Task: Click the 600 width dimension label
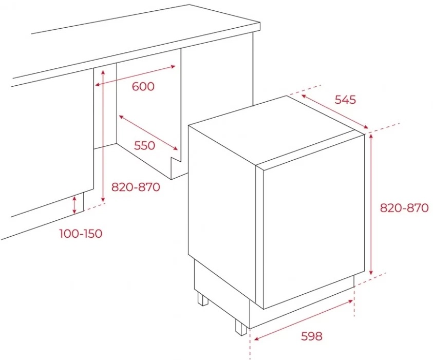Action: [x=143, y=86]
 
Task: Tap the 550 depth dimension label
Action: [x=144, y=145]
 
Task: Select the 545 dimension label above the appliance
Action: [x=345, y=100]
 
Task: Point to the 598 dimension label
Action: [x=311, y=336]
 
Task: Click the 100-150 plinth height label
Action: [x=81, y=234]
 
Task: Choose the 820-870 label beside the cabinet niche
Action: [x=136, y=187]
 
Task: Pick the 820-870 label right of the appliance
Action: [x=404, y=207]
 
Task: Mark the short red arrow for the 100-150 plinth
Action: [x=74, y=205]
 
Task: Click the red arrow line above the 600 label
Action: [x=135, y=75]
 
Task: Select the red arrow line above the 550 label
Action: [x=148, y=133]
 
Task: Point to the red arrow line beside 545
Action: [x=335, y=111]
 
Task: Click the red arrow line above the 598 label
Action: [x=304, y=320]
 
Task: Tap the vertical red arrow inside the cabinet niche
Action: [x=103, y=136]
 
